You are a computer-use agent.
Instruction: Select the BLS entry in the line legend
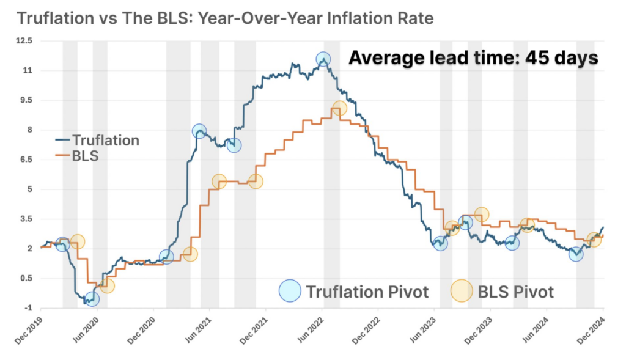pos(85,156)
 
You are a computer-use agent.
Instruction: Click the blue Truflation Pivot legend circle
pos(290,291)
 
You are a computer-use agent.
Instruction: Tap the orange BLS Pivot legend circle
pos(462,291)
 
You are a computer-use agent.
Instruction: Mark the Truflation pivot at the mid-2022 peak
pos(323,59)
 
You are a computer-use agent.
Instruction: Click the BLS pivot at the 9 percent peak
pos(339,109)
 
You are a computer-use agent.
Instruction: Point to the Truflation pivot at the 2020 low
pos(92,299)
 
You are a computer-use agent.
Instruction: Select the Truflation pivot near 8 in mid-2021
pos(199,131)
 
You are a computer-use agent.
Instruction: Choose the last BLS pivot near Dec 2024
pos(594,240)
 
